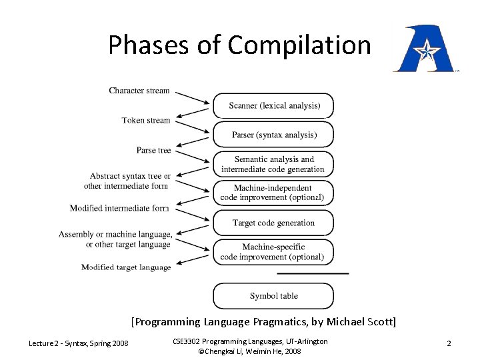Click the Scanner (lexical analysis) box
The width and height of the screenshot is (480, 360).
coord(273,105)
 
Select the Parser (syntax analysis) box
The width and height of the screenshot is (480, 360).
coord(273,135)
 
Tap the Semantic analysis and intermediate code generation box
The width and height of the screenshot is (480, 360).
coord(273,164)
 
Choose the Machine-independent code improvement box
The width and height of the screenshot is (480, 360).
coord(273,193)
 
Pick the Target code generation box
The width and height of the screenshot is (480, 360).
coord(273,223)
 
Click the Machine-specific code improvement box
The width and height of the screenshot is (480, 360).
coord(273,252)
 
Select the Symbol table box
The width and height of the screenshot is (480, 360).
coord(273,296)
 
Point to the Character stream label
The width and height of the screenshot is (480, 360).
coord(139,91)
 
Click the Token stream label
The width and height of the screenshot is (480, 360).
coord(146,121)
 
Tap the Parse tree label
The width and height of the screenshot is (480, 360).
coord(153,151)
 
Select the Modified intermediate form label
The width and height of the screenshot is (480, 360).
coord(119,208)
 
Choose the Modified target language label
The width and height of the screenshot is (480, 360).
coord(126,267)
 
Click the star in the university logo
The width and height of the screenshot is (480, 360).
coord(425,49)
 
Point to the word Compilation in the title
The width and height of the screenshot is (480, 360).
coord(299,45)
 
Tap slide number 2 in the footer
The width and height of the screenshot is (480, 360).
coord(449,343)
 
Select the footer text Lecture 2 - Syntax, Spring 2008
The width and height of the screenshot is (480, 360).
coord(79,343)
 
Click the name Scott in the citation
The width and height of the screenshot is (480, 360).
coord(380,322)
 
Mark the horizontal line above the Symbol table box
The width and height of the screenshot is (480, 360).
coord(313,273)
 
